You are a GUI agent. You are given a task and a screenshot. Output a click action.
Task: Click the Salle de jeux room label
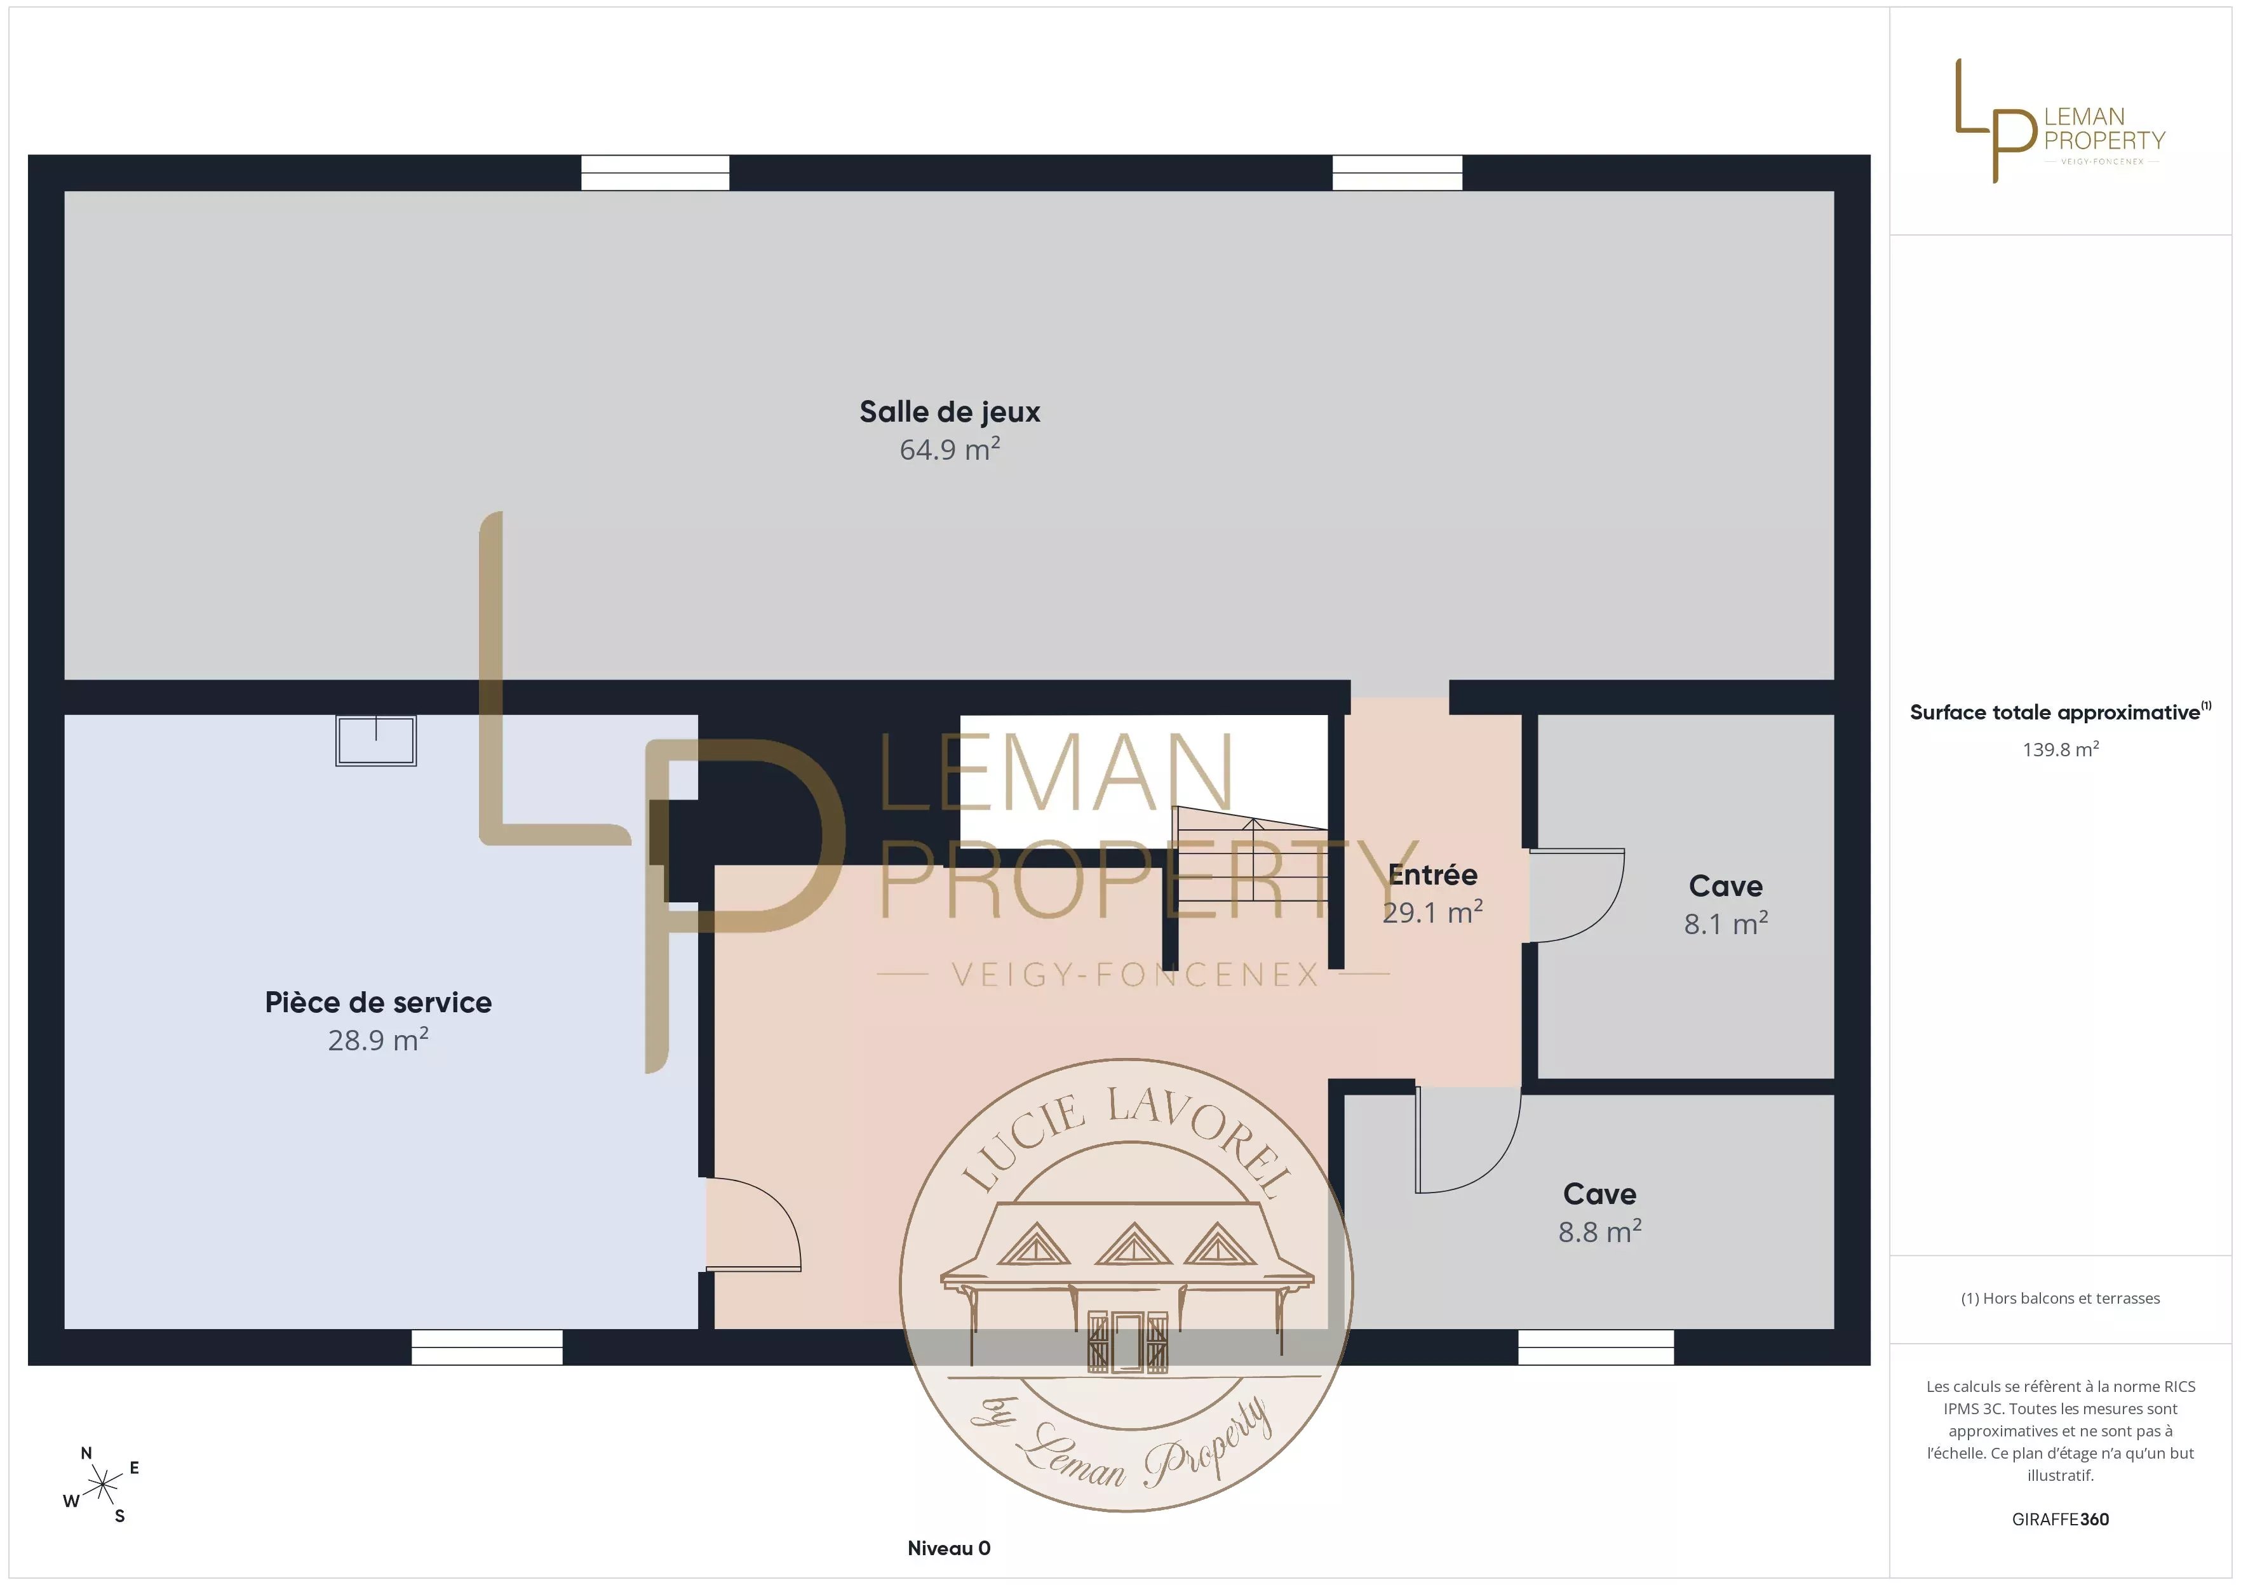click(950, 412)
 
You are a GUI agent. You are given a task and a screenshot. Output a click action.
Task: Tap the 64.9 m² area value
click(950, 449)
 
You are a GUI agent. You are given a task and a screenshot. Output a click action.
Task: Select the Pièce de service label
click(379, 1002)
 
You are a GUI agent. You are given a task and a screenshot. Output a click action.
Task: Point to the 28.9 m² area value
click(379, 1040)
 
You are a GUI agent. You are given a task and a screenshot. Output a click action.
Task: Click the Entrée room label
click(1433, 874)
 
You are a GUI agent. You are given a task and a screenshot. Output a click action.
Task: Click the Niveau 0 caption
click(949, 1548)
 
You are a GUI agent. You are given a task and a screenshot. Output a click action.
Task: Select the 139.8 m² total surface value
click(2061, 749)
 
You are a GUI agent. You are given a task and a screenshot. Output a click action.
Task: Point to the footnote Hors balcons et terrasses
click(2061, 1298)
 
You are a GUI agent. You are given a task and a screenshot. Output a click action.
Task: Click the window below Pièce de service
click(487, 1347)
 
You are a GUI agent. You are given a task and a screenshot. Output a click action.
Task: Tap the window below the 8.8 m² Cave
click(1596, 1347)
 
